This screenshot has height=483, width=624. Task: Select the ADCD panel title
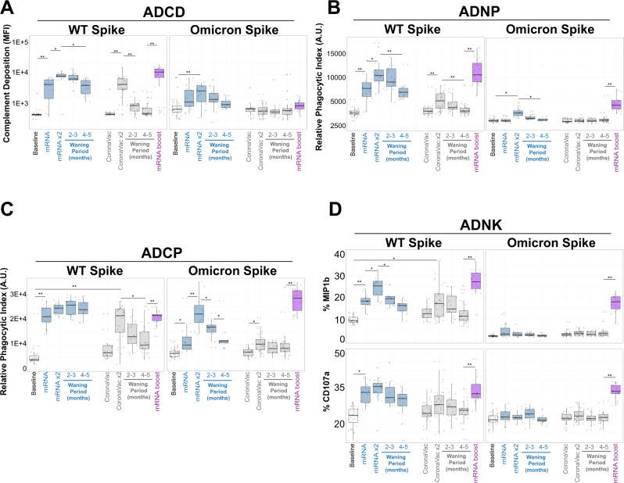[x=156, y=11]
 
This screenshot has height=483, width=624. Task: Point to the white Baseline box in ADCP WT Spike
[x=34, y=359]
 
